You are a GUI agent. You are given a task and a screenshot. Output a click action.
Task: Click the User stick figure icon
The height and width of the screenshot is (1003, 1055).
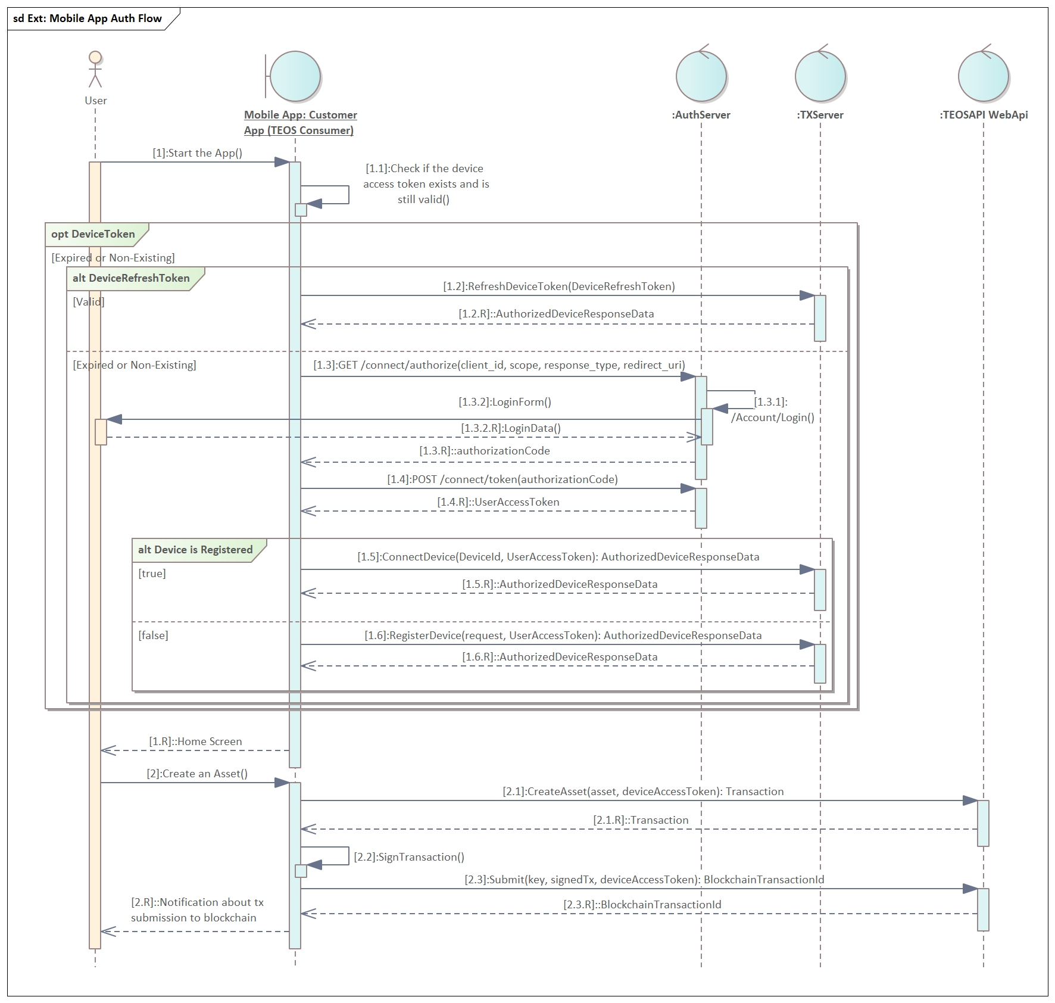95,70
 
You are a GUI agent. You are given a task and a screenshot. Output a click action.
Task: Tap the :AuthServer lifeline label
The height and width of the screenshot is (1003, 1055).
701,115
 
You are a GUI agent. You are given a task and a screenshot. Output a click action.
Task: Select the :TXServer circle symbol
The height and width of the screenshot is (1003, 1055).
820,76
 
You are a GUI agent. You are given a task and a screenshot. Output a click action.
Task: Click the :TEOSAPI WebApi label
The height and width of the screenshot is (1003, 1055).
984,115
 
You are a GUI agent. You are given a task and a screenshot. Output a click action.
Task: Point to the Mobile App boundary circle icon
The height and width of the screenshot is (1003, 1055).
295,76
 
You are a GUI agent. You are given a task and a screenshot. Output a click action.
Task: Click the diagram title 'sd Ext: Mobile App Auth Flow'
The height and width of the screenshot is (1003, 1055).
88,18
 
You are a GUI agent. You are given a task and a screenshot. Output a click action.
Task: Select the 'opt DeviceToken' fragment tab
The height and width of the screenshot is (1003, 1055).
93,234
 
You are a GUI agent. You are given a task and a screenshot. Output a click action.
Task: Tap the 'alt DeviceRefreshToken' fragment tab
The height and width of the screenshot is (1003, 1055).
132,278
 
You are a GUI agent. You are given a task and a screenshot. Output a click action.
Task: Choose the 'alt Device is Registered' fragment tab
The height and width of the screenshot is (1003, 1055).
195,550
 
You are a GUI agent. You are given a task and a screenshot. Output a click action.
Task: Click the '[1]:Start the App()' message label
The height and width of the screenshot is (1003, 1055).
198,153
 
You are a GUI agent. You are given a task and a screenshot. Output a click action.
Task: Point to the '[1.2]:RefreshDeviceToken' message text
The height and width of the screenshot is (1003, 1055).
559,286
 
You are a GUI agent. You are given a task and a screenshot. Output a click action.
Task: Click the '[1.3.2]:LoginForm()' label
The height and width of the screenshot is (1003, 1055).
505,402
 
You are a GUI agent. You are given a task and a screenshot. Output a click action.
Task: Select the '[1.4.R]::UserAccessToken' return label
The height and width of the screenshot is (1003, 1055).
498,502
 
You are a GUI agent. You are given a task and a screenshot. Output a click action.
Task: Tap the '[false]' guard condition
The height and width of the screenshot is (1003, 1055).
154,636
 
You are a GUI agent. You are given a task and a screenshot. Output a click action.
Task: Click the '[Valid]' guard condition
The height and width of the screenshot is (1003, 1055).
89,302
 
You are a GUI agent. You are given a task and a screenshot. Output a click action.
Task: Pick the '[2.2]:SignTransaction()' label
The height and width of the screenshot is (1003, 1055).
409,857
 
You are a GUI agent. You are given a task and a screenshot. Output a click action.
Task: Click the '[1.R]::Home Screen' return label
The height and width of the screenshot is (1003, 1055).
195,742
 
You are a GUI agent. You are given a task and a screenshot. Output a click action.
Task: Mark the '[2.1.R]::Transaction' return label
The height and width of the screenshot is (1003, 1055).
641,820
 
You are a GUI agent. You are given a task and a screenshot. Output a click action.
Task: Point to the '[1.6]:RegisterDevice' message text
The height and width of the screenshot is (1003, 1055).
563,636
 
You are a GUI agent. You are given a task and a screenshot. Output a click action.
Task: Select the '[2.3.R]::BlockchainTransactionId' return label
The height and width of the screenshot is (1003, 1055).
642,905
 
